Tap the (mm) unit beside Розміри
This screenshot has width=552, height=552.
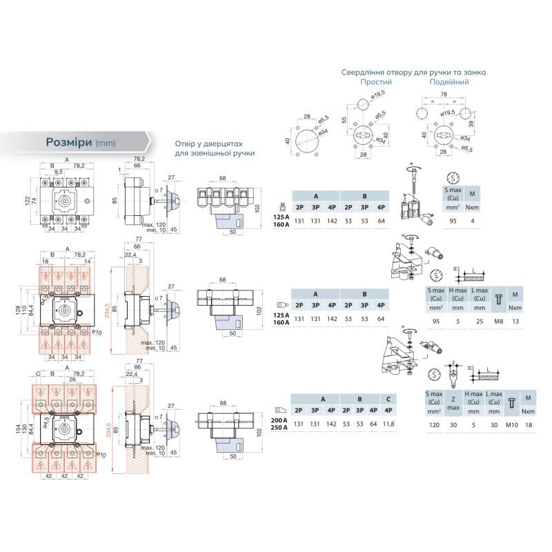click(x=106, y=143)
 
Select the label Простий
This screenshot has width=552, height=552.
click(x=376, y=82)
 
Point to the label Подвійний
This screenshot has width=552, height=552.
click(x=449, y=82)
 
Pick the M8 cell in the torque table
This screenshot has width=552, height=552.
click(x=495, y=321)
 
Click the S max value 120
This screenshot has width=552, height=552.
click(x=434, y=426)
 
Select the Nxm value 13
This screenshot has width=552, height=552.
click(x=514, y=321)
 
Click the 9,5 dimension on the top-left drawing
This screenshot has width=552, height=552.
click(x=59, y=170)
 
